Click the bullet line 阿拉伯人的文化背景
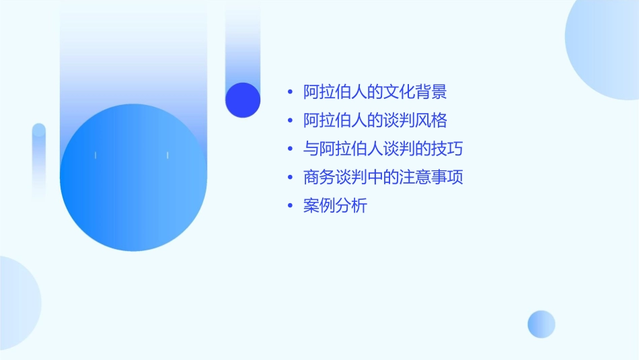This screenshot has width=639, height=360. [375, 92]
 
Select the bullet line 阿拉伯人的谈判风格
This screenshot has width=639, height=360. [375, 121]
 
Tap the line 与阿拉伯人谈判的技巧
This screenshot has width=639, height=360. [383, 149]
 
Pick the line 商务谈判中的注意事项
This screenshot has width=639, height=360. [383, 178]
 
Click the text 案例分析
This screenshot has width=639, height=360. [335, 206]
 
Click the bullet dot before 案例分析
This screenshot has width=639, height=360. [289, 207]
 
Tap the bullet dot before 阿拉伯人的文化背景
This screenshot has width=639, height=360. [289, 93]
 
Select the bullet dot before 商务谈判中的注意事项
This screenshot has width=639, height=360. [289, 178]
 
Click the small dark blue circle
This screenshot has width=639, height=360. [243, 100]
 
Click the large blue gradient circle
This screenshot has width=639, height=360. [133, 178]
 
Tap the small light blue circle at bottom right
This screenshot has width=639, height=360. [541, 324]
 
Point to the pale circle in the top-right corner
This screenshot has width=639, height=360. [605, 47]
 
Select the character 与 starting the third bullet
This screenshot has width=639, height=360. [311, 149]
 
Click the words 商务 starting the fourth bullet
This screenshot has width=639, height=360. [319, 178]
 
